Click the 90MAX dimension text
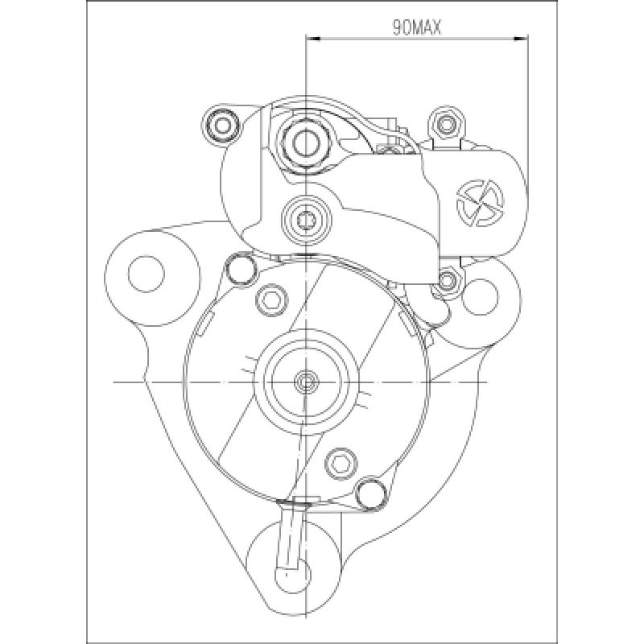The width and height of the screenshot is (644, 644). [416, 27]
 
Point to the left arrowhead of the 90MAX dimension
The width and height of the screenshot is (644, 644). [313, 39]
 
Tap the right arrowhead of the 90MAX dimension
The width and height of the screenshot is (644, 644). [522, 39]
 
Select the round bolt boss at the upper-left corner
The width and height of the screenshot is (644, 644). [222, 125]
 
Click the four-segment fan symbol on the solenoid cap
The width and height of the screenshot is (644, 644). [480, 202]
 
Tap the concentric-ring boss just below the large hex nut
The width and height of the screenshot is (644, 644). [306, 221]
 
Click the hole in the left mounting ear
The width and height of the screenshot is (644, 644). [147, 274]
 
